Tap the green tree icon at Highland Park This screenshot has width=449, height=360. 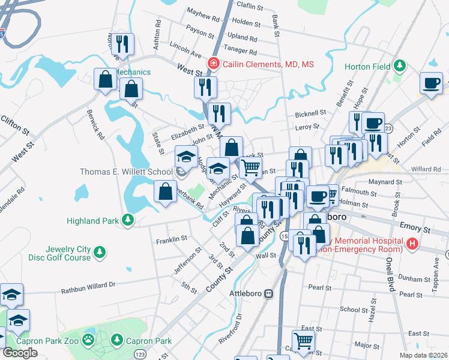[x=127, y=221]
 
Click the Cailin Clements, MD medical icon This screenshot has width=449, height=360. [x=212, y=64]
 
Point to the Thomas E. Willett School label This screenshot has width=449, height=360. [x=127, y=172]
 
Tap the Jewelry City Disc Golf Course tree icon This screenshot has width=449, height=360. [x=100, y=257]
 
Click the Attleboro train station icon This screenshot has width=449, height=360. [x=269, y=294]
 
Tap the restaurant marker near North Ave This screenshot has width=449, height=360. [x=123, y=44]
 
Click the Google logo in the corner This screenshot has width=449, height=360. [x=20, y=353]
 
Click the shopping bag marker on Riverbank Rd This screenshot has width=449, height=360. [x=165, y=192]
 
